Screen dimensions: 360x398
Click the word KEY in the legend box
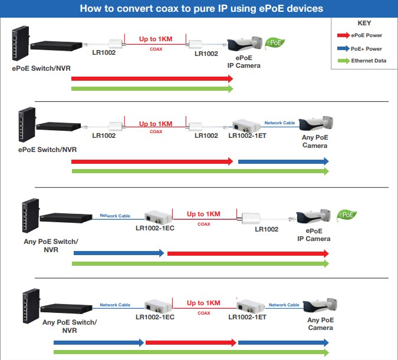click(364, 23)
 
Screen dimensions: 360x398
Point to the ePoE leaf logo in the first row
click(275, 42)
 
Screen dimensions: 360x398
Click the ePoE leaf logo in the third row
click(346, 214)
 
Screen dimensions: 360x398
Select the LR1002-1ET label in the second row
click(247, 136)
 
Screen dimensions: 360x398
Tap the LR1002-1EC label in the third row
click(155, 228)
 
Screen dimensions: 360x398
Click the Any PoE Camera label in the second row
click(315, 141)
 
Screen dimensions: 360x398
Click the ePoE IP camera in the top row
click(244, 44)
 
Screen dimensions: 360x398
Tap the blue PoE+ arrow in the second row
click(283, 161)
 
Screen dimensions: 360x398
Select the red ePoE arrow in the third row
click(248, 253)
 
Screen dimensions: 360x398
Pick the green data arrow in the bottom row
click(192, 352)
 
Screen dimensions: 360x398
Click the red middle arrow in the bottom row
click(191, 342)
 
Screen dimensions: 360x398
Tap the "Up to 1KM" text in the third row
click(203, 214)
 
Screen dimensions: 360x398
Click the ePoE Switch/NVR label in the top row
click(41, 69)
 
